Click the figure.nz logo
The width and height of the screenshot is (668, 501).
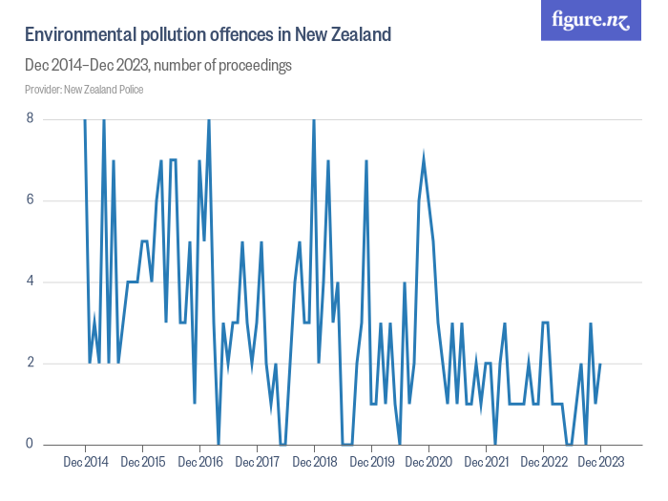(x=591, y=21)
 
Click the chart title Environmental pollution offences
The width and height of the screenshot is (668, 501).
(x=207, y=35)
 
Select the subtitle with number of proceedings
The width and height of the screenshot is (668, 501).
(x=157, y=66)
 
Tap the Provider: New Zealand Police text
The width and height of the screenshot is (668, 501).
(x=84, y=90)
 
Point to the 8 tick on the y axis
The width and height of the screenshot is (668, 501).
(x=31, y=118)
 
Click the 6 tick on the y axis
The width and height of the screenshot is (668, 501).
(x=31, y=200)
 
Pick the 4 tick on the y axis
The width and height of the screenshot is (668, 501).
(x=31, y=282)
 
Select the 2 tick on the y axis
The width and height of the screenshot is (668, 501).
(x=31, y=363)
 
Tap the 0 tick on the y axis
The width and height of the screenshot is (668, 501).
(x=31, y=444)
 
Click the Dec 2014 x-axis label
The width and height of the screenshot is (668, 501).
(x=85, y=463)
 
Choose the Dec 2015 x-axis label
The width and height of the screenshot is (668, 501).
(x=142, y=463)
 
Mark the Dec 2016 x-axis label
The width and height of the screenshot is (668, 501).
(x=199, y=463)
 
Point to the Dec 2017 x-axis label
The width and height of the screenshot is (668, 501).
(x=257, y=463)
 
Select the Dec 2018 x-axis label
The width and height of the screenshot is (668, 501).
(x=314, y=463)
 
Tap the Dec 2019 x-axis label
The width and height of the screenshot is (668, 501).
(x=371, y=463)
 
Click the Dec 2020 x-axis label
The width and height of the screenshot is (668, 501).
(x=428, y=463)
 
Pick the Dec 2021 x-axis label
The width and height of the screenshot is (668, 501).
(x=486, y=463)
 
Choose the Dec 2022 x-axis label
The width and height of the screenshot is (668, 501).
(x=543, y=463)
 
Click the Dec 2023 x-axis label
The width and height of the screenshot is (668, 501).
(x=600, y=463)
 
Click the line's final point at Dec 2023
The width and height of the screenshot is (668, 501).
(x=600, y=364)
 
